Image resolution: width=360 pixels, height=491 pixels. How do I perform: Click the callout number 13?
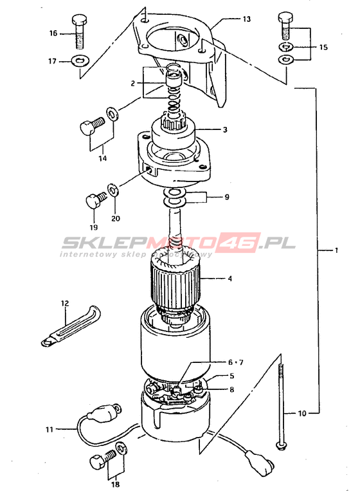click(x=247, y=19)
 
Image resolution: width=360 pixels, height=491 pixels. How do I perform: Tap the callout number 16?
click(x=53, y=33)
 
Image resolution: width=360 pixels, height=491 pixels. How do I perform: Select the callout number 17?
click(x=52, y=61)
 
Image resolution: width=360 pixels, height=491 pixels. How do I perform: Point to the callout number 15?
click(x=323, y=47)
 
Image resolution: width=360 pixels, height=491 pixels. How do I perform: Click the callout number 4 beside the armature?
click(x=230, y=279)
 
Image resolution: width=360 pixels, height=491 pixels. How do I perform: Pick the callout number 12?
click(x=65, y=303)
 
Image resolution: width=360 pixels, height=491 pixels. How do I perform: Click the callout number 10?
click(x=302, y=413)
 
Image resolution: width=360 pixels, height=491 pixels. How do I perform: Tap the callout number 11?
click(x=50, y=429)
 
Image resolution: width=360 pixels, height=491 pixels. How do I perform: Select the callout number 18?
click(x=116, y=484)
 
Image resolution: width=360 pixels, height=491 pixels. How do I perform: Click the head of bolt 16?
click(x=80, y=20)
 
